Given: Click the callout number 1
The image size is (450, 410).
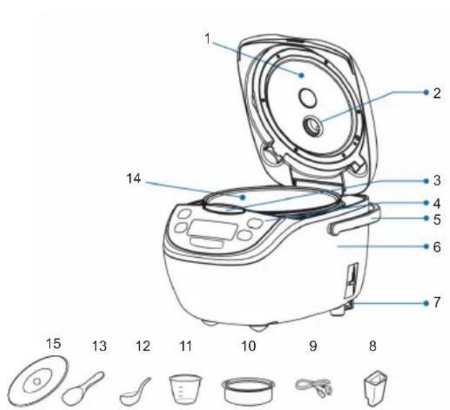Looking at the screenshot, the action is pos(208,38).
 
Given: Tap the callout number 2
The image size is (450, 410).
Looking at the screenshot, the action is pos(436,93).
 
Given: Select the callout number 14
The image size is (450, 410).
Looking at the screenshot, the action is pos(134,178).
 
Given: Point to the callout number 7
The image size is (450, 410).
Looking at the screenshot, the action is pos(436,302).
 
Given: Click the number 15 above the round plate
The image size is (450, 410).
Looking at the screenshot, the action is pos(54,343).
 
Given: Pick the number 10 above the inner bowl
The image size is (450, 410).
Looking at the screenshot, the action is pos(249,346).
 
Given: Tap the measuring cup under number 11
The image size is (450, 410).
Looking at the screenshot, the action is pos(185,388).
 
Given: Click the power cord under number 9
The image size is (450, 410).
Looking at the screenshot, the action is pos(313,387).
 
